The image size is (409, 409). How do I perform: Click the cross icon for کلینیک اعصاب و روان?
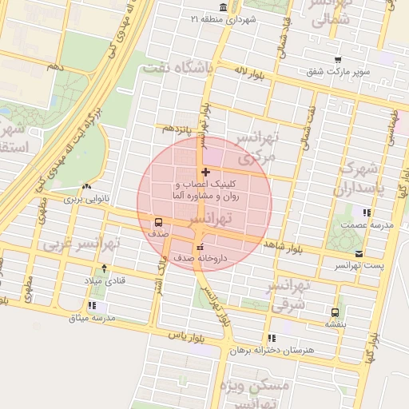click(x=206, y=172)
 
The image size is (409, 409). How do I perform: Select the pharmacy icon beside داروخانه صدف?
click(x=199, y=246)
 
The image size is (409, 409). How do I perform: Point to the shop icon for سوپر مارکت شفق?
click(x=338, y=59)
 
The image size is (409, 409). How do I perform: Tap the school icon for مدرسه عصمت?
click(x=367, y=212)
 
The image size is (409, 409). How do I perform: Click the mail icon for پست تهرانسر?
click(x=358, y=254)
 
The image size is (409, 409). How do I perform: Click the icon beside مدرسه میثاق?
click(x=93, y=305)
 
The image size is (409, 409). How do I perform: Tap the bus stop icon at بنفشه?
click(x=334, y=312)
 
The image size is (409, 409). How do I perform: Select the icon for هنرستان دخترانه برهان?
click(x=272, y=338)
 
